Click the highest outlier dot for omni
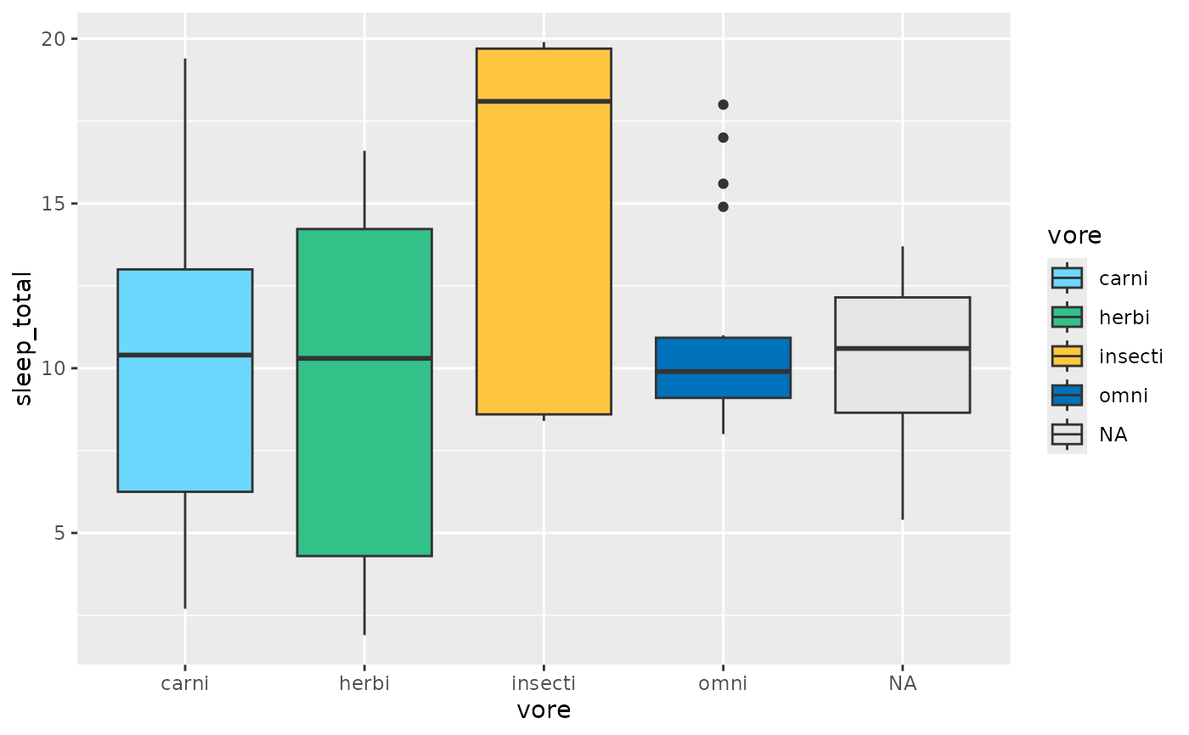pos(723,105)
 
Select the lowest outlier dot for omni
pos(723,207)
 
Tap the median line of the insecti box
pos(544,101)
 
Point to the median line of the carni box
pos(185,355)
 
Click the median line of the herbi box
pos(364,358)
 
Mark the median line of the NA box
pos(902,349)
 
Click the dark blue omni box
pos(723,367)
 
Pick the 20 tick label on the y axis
pos(53,39)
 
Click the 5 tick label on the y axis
pos(59,533)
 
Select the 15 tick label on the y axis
pos(53,204)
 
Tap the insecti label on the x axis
pos(544,683)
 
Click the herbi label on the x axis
pos(364,683)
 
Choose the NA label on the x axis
pos(902,683)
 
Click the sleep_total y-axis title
pos(23,339)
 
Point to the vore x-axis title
pos(544,710)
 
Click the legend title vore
pos(1074,236)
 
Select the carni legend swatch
pos(1067,278)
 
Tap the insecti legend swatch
pos(1067,356)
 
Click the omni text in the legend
pos(1123,396)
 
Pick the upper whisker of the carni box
pos(185,164)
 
